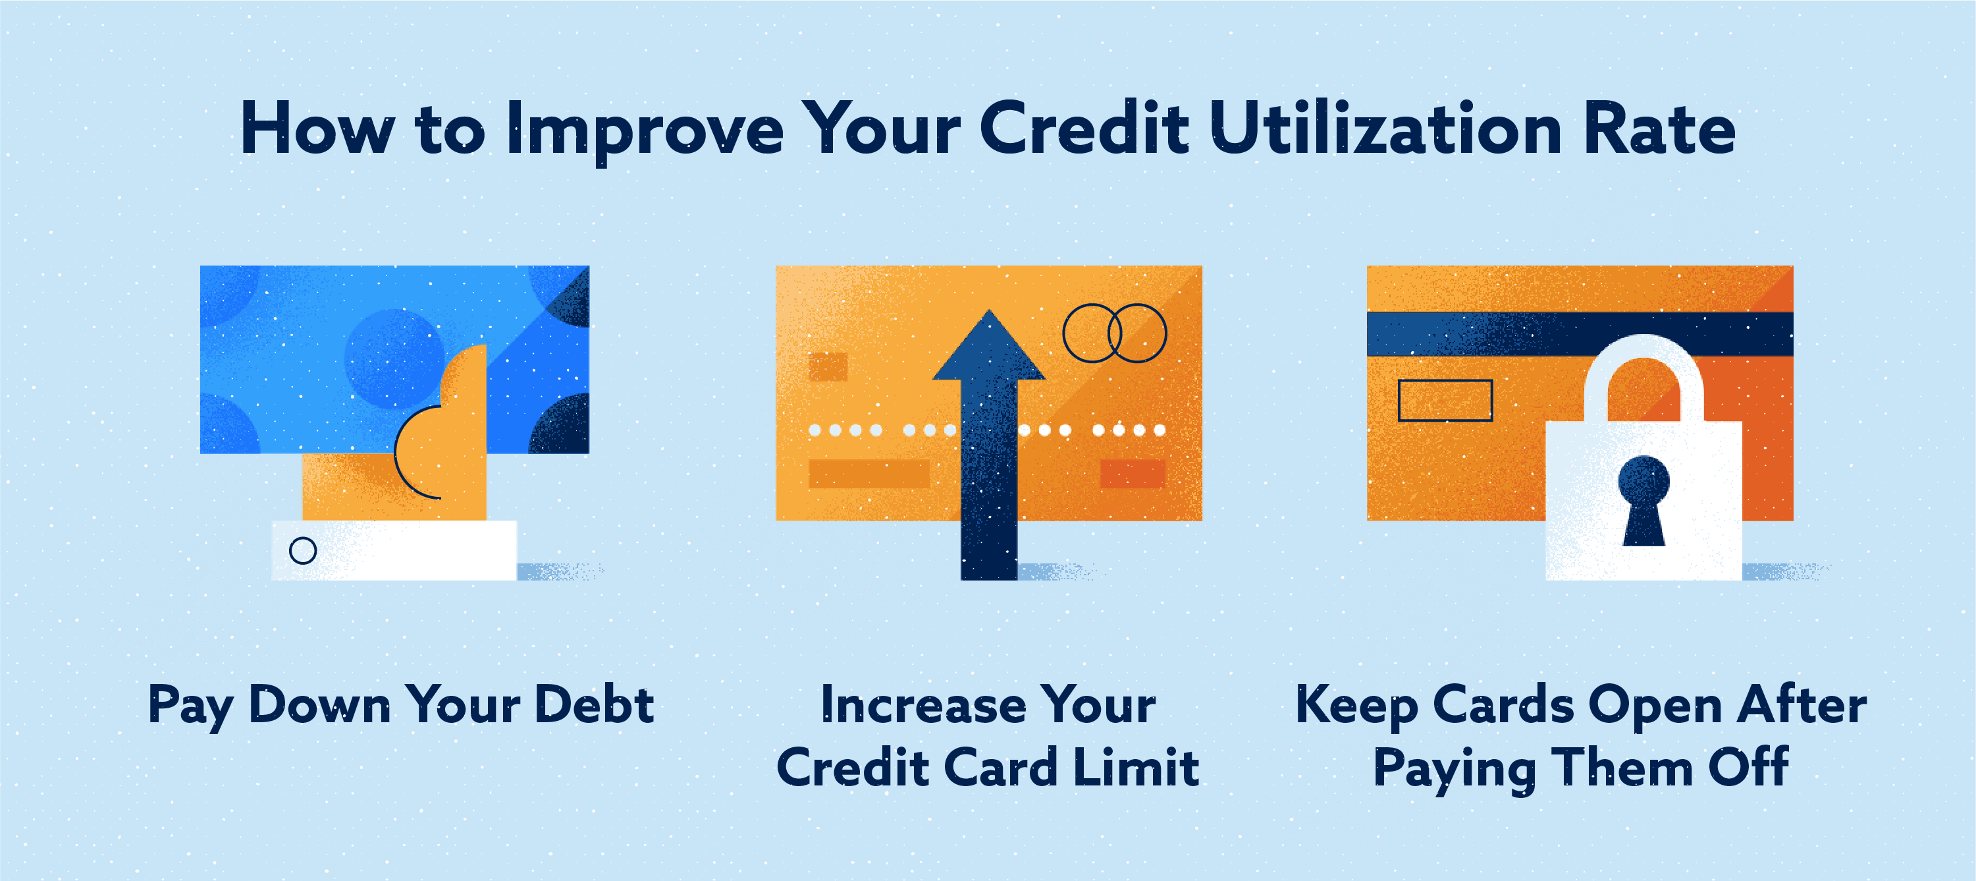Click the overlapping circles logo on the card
[1115, 333]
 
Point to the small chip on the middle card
[828, 367]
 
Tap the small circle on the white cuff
[303, 550]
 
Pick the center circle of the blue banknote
[394, 358]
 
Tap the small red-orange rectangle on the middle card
[1133, 474]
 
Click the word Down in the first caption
[321, 704]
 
